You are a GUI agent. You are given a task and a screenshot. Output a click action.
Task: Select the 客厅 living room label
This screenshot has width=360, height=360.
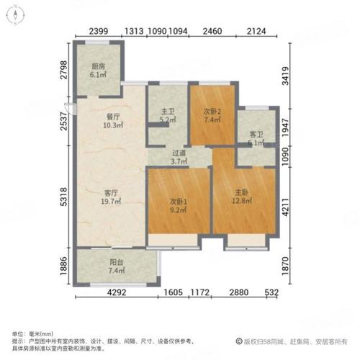tap(111, 192)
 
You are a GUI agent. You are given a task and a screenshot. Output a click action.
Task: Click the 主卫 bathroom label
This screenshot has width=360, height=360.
tap(165, 111)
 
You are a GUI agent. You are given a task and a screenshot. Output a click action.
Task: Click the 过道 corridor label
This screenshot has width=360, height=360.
tap(179, 153)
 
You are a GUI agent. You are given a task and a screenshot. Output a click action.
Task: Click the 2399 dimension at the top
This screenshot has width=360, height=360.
tap(100, 31)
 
